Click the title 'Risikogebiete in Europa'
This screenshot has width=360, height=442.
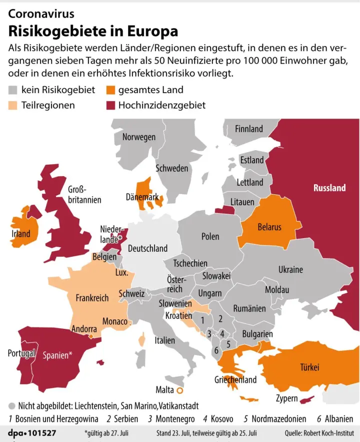pos(93,31)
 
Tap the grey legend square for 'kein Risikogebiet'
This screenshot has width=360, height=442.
pos(13,91)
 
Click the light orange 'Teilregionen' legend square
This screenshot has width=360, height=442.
pos(13,105)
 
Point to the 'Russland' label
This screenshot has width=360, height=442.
pos(329,188)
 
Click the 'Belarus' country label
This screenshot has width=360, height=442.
pos(269,227)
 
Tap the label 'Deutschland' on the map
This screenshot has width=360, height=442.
pos(147,248)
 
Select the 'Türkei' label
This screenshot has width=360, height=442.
pos(309,367)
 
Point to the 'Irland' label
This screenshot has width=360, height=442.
pos(21,233)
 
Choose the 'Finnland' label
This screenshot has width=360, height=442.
pos(248,129)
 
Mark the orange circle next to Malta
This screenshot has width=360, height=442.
pos(180,390)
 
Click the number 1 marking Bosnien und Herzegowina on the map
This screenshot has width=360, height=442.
pos(202,319)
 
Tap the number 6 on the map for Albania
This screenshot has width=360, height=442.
pos(216,351)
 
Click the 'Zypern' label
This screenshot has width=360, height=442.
pos(286,399)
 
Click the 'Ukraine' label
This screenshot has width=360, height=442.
pos(290,269)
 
